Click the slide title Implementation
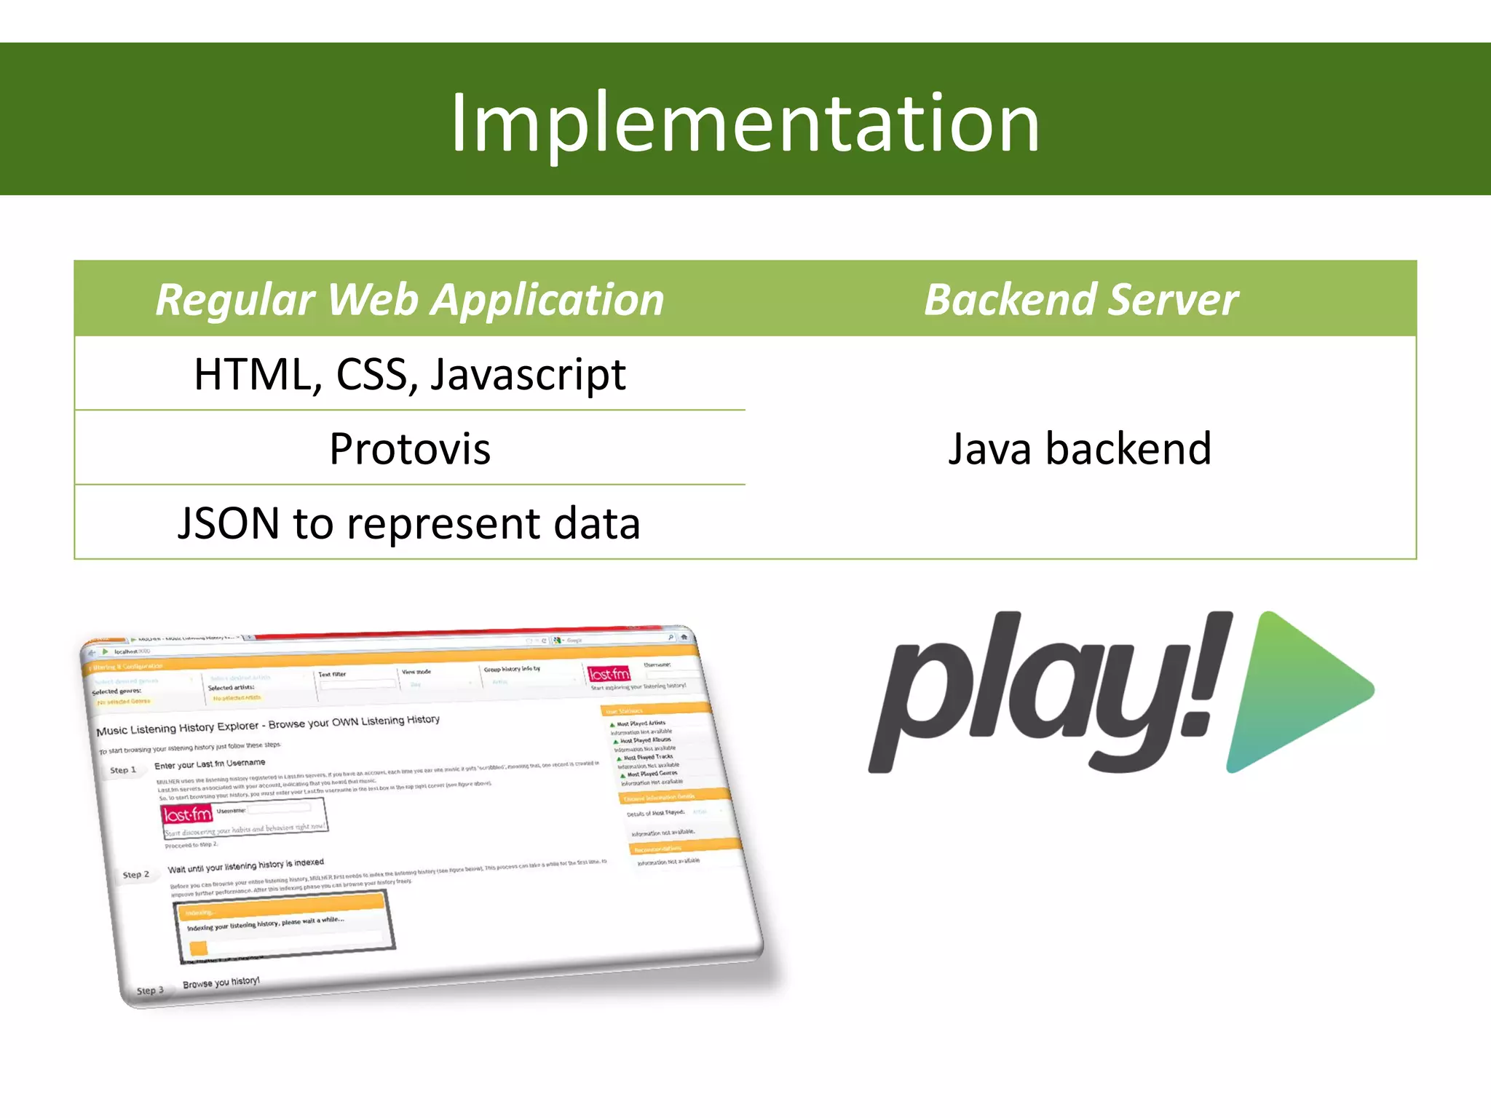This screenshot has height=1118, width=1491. click(x=745, y=124)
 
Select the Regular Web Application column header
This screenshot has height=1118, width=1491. click(x=410, y=299)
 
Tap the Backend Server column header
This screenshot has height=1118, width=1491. click(x=1080, y=299)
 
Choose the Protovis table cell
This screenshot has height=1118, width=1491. click(x=410, y=448)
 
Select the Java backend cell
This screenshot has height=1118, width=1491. click(x=1080, y=448)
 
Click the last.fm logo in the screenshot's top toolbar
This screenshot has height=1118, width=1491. click(x=609, y=674)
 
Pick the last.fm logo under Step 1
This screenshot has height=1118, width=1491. click(x=187, y=814)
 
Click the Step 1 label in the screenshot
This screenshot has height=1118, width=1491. click(x=123, y=770)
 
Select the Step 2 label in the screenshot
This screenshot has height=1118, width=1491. click(x=136, y=875)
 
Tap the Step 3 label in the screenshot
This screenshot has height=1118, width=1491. click(x=150, y=991)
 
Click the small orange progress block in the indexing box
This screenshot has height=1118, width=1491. click(x=198, y=948)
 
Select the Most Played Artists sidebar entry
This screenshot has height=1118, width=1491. click(x=641, y=723)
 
